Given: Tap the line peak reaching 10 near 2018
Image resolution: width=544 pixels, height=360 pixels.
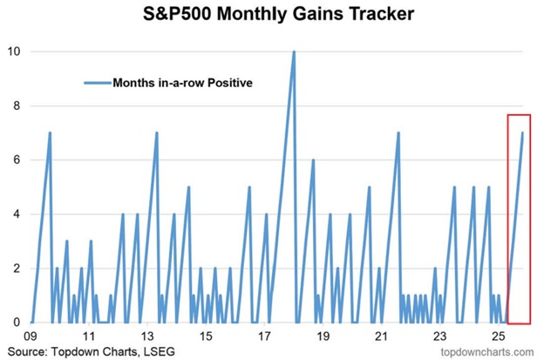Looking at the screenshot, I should (294, 51).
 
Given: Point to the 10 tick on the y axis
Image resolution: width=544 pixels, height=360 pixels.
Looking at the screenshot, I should (14, 51).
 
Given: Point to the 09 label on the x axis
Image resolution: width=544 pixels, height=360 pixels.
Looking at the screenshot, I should (31, 336).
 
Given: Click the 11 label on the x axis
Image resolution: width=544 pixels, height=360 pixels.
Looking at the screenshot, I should (90, 336).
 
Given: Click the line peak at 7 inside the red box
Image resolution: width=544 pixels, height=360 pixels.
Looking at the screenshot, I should (522, 132).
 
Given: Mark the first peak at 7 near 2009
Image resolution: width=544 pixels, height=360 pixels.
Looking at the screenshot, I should (50, 132).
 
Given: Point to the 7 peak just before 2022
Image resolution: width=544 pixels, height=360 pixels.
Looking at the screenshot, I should (398, 132).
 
